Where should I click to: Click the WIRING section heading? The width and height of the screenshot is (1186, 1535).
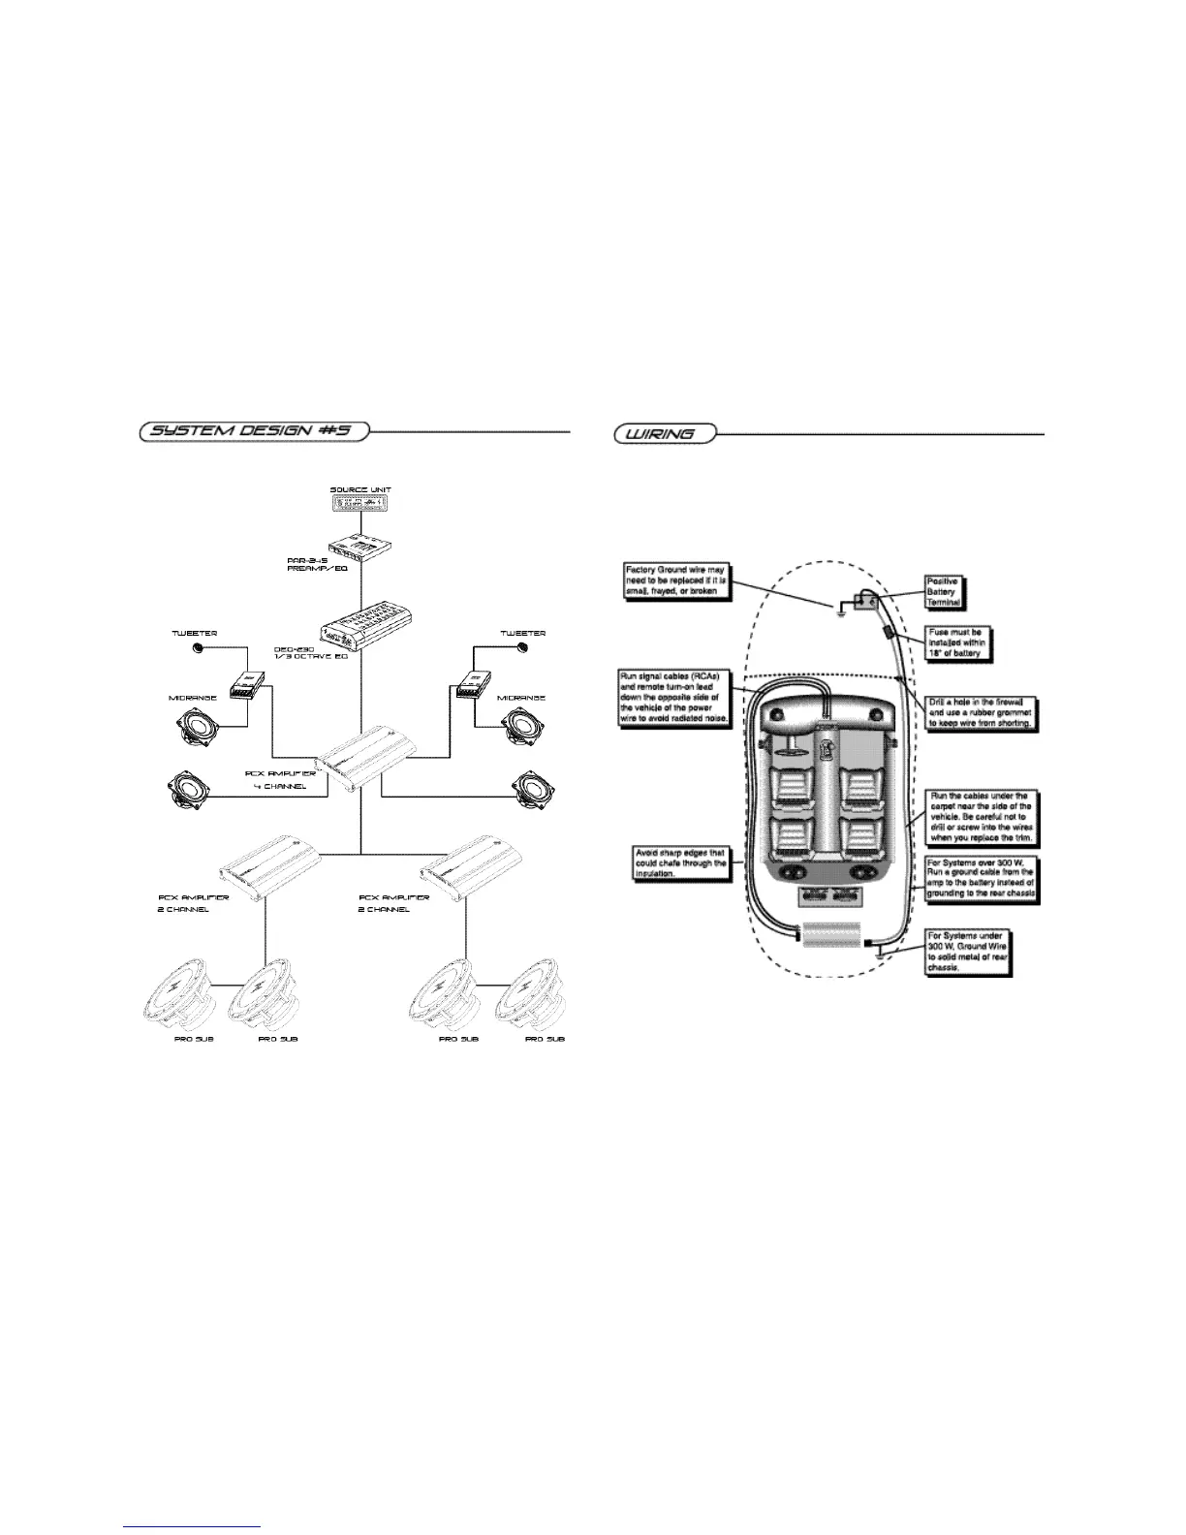(664, 433)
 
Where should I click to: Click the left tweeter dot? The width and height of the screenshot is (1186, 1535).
(199, 646)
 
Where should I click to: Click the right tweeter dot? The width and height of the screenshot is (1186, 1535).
(522, 646)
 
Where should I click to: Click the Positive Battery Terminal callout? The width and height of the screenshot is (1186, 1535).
(943, 592)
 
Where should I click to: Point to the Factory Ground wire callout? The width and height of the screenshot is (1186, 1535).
(674, 580)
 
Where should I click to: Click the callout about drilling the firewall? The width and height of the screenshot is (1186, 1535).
(981, 711)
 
